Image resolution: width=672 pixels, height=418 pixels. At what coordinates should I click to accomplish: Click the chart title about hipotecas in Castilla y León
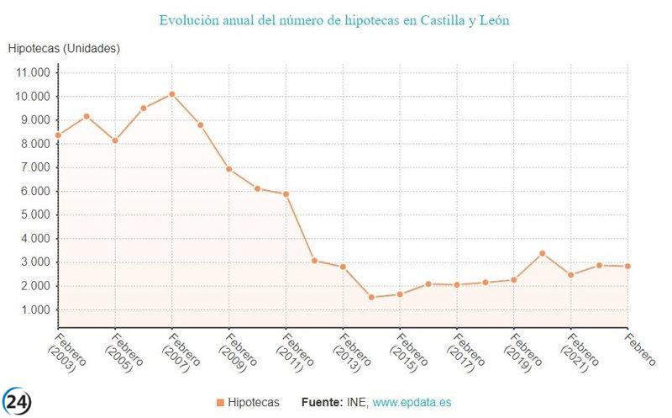pyautogui.click(x=334, y=19)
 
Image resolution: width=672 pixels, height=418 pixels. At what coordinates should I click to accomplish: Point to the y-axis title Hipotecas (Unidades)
pyautogui.click(x=64, y=49)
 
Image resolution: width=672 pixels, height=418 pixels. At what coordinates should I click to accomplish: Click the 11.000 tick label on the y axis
pyautogui.click(x=34, y=72)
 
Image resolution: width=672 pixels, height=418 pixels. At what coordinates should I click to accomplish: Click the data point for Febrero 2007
pyautogui.click(x=172, y=94)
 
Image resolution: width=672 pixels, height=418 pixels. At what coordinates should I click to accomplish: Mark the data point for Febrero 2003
pyautogui.click(x=58, y=135)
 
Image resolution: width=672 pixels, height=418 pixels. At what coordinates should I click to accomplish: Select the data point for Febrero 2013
pyautogui.click(x=343, y=267)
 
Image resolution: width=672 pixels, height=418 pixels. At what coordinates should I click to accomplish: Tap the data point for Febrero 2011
pyautogui.click(x=286, y=194)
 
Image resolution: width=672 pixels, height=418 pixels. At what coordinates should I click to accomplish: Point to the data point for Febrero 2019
pyautogui.click(x=514, y=280)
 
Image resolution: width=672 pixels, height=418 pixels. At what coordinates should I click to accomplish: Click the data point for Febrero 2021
pyautogui.click(x=571, y=275)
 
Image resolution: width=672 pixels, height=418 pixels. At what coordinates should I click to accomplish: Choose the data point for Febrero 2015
pyautogui.click(x=400, y=294)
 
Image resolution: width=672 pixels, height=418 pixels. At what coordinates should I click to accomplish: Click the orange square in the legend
pyautogui.click(x=220, y=403)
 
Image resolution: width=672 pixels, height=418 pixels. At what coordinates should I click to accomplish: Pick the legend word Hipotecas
pyautogui.click(x=254, y=403)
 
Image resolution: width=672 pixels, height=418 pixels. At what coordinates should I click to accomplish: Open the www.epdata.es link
pyautogui.click(x=412, y=403)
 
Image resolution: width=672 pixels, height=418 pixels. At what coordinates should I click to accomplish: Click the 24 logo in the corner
pyautogui.click(x=17, y=400)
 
